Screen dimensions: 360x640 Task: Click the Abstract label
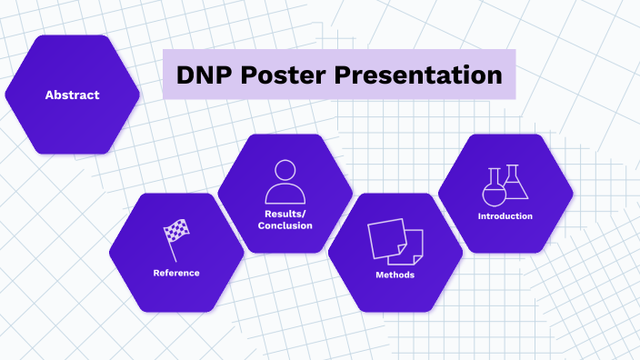coord(72,95)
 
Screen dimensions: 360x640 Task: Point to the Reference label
coord(176,273)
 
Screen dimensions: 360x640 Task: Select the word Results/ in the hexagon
coord(285,214)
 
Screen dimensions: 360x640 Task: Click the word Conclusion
coord(285,225)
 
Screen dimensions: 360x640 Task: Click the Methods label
coord(395,275)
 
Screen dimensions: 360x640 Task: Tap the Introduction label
coord(505,216)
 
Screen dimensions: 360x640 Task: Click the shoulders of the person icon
coord(285,195)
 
